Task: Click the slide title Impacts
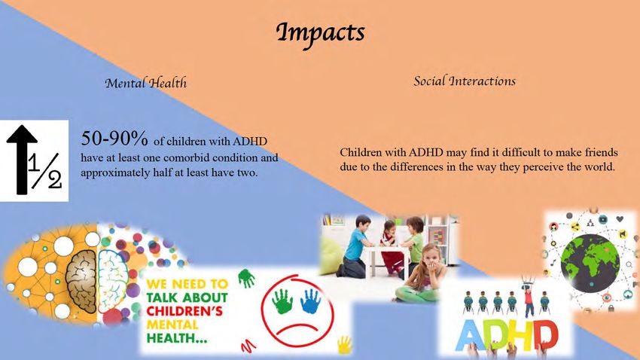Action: [321, 33]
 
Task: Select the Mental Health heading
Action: [146, 83]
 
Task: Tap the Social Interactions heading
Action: [465, 81]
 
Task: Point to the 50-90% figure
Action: [114, 139]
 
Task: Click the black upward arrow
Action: [21, 159]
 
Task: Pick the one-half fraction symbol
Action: [45, 171]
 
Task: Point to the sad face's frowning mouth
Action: [299, 328]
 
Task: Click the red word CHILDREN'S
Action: [184, 311]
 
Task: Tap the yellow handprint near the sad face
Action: [345, 344]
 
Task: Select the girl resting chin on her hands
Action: [420, 273]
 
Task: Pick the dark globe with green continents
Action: [590, 264]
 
